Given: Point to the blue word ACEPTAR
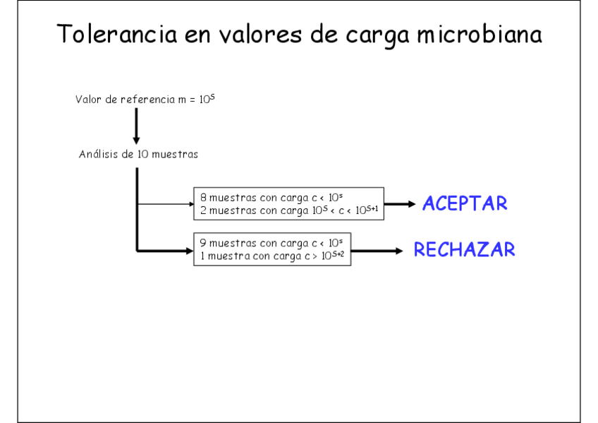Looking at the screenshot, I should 465,204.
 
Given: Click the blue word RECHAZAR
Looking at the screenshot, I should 464,250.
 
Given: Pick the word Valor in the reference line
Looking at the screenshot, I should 89,100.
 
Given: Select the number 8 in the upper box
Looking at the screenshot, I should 202,198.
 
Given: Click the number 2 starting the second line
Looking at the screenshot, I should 202,210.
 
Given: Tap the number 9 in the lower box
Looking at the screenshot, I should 202,244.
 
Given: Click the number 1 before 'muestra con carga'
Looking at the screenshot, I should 202,256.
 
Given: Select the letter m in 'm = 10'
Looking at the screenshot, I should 182,100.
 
